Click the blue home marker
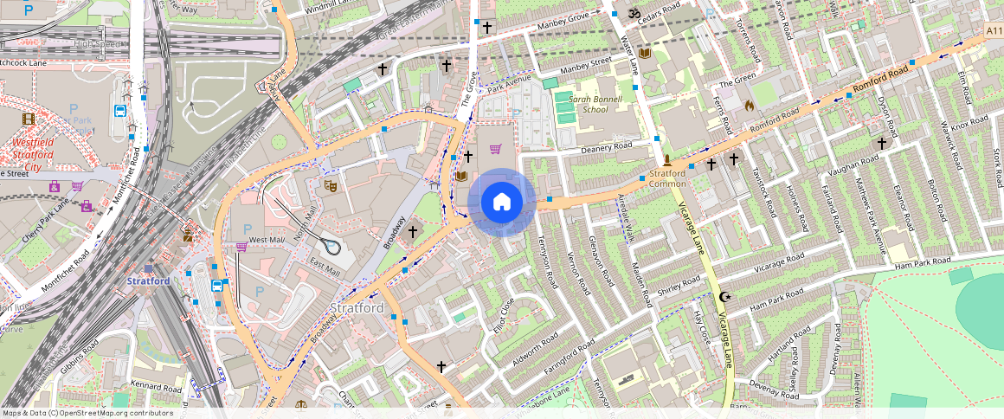pos(501,202)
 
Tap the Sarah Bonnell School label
pos(582,104)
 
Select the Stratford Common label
pos(667,178)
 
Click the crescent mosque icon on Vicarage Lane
pos(725,297)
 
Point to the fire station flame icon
pos(749,105)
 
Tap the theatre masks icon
pos(330,185)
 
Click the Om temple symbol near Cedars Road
pos(632,14)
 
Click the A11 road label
pos(994,31)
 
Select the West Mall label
pos(267,239)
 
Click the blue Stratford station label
pos(147,281)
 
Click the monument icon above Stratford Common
pos(667,160)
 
